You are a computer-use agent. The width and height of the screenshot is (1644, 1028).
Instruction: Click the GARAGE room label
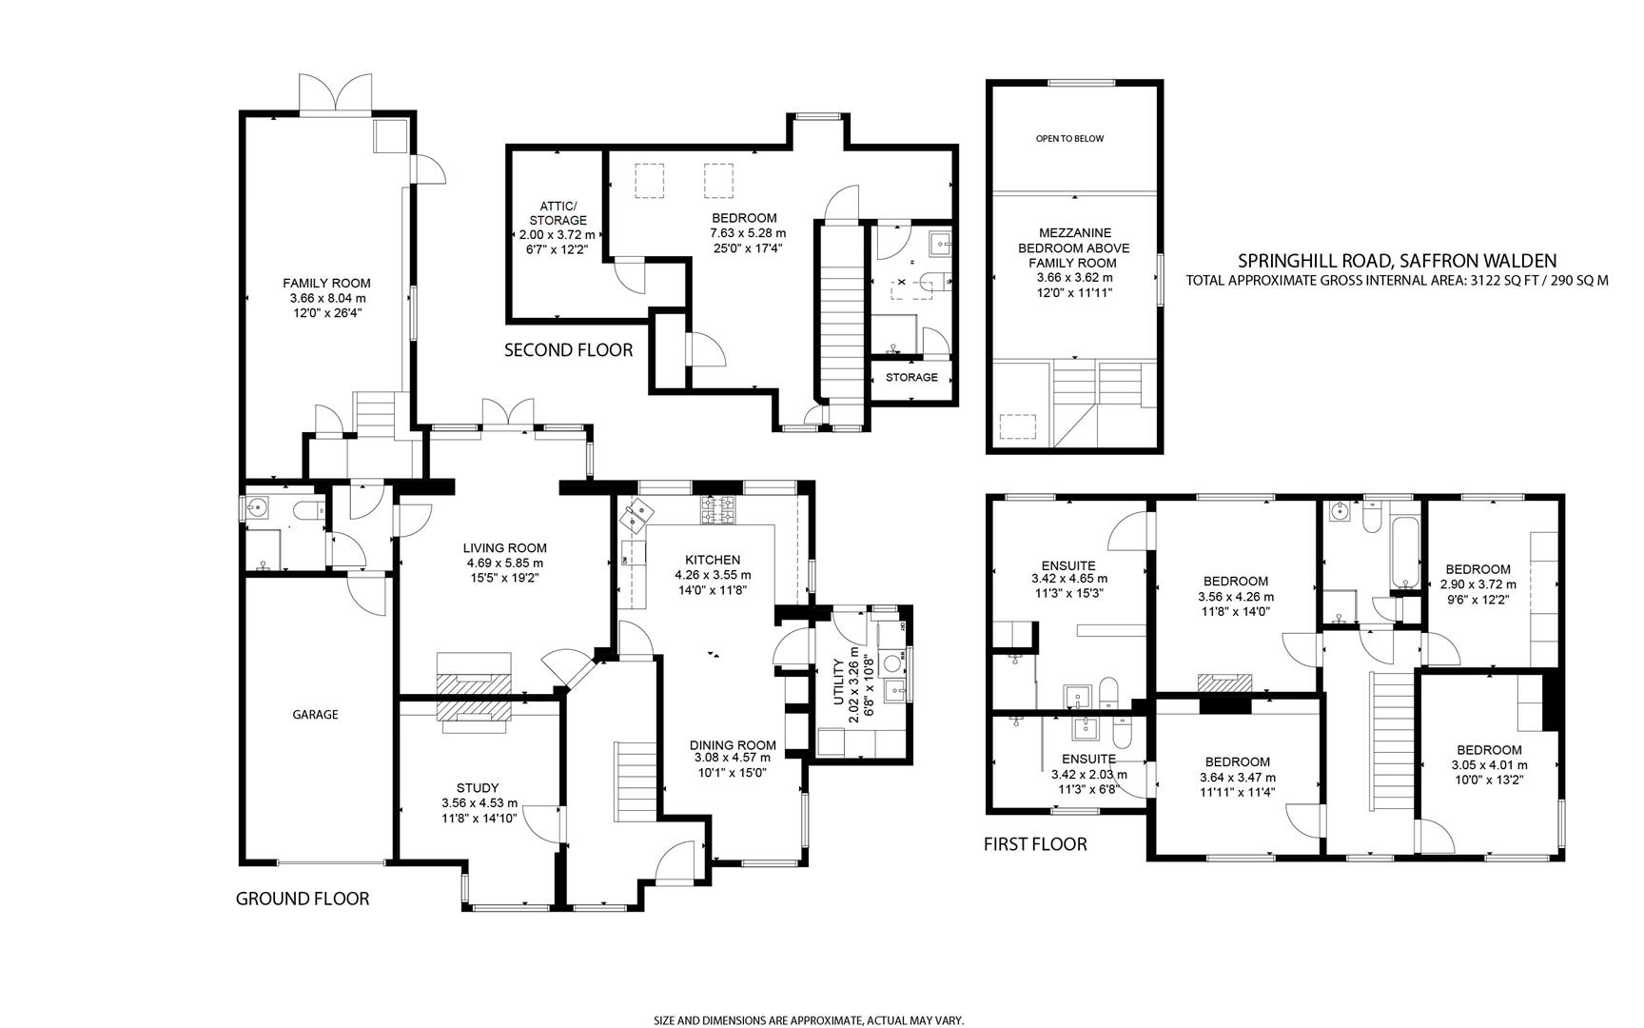(315, 714)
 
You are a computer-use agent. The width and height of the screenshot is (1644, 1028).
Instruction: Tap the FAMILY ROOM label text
(326, 283)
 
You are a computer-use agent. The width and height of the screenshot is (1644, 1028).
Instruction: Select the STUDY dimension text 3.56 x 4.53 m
(479, 802)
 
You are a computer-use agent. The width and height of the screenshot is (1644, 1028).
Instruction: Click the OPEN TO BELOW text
(1069, 139)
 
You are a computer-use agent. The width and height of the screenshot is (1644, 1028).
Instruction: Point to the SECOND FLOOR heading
(568, 350)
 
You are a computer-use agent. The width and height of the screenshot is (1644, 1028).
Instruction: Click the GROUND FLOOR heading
(302, 899)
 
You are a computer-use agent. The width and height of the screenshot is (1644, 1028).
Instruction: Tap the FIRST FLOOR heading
(1034, 844)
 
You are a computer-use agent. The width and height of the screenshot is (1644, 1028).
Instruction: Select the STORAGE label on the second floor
(911, 378)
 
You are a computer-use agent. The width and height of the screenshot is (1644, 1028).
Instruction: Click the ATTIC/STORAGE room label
(558, 213)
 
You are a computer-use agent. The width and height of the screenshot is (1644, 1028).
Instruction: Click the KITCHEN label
(713, 560)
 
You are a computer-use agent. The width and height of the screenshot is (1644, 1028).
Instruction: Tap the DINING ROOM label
(733, 745)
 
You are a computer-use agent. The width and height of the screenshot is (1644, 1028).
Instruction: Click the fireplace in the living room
(474, 679)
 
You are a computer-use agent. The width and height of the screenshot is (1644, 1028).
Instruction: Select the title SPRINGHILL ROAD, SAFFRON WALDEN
(1397, 260)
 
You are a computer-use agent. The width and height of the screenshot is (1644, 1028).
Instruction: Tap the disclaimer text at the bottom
(809, 1019)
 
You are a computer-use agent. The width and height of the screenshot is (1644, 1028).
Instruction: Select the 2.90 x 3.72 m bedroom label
(1478, 584)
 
